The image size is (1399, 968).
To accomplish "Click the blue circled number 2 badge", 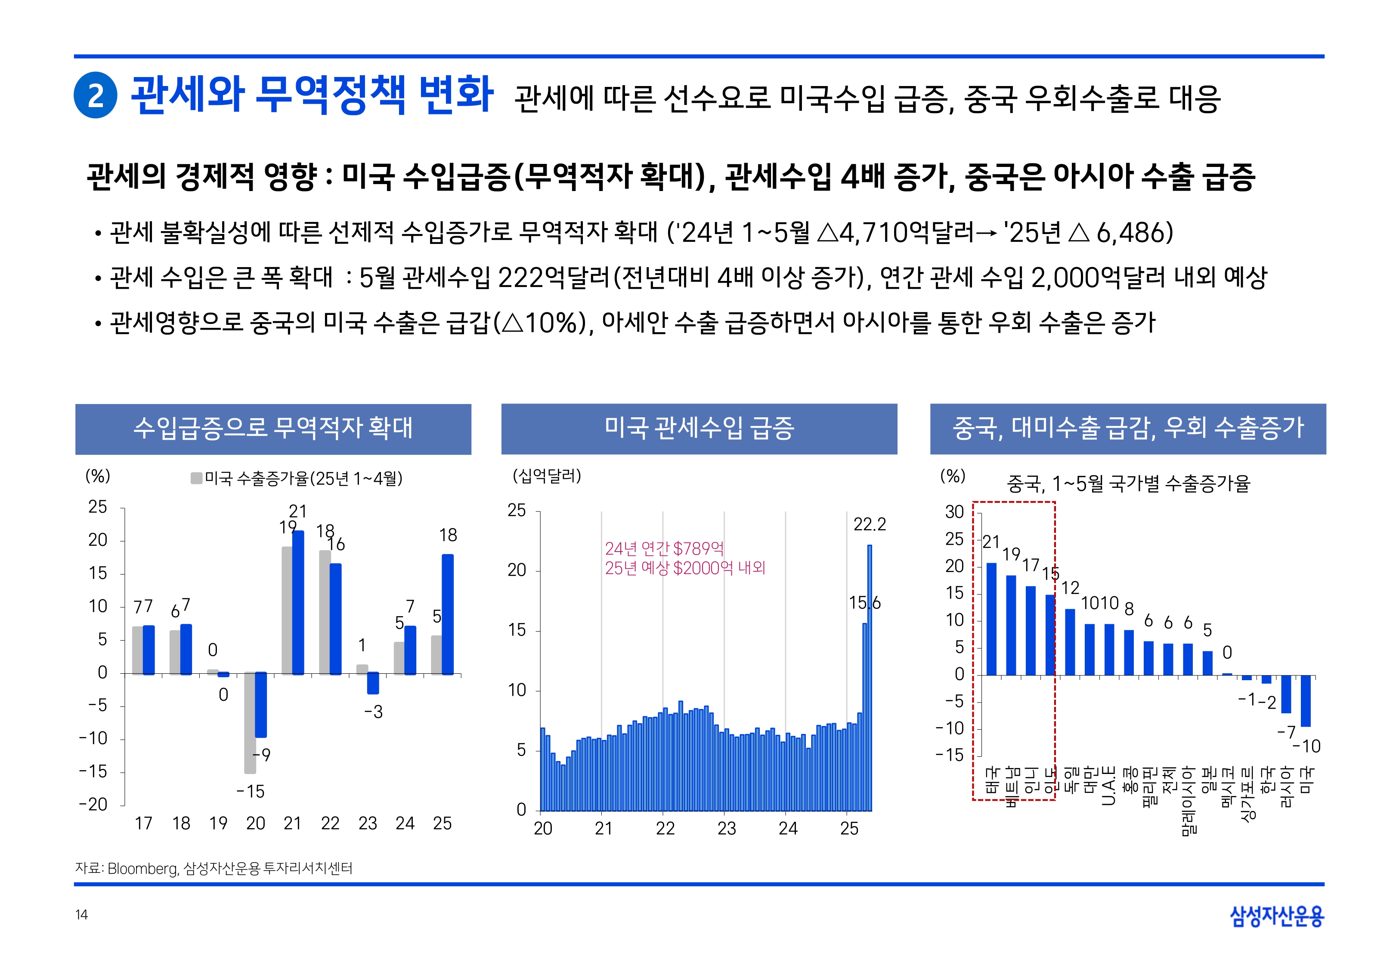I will tap(95, 95).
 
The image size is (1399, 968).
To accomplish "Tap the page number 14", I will tap(81, 915).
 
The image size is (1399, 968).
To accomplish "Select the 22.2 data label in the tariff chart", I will tap(870, 524).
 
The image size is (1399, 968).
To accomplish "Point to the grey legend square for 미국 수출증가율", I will tap(196, 478).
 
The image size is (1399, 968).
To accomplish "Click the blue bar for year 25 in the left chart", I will tap(448, 614).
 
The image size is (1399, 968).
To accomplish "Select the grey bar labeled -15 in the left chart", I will tap(250, 722).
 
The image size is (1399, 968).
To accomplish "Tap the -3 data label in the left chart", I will tap(373, 712).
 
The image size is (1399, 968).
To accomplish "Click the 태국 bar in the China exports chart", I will tap(991, 619).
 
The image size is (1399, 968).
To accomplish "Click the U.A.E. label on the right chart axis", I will tap(1108, 786).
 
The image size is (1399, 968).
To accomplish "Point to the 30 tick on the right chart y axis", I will tap(954, 512).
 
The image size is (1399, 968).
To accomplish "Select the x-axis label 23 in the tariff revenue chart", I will tap(726, 829).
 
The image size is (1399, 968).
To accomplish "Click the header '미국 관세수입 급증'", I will tap(699, 428).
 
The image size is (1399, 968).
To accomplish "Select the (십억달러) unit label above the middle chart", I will tap(547, 475).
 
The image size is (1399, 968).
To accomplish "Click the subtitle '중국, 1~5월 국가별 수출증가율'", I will tap(1128, 484).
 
